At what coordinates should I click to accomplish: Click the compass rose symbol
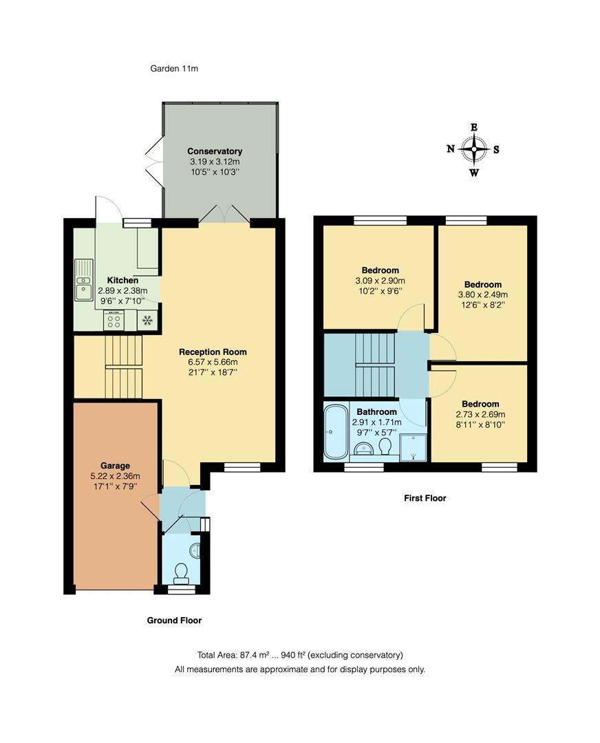pos(473,149)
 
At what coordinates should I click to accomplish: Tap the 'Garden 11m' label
pos(174,68)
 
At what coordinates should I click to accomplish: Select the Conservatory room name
pos(215,151)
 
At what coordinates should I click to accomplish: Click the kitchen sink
pos(84,280)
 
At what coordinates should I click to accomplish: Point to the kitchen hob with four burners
pos(114,321)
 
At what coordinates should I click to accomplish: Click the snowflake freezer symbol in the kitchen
pos(147,321)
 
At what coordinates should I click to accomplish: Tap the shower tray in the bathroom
pos(414,447)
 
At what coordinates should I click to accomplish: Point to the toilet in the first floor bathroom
pos(385,447)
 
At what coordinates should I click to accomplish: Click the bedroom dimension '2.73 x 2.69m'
pos(480,414)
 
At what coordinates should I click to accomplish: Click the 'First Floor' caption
pos(425,498)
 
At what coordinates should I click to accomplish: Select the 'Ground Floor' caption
pos(174,621)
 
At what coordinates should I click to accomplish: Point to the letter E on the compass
pos(473,127)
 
